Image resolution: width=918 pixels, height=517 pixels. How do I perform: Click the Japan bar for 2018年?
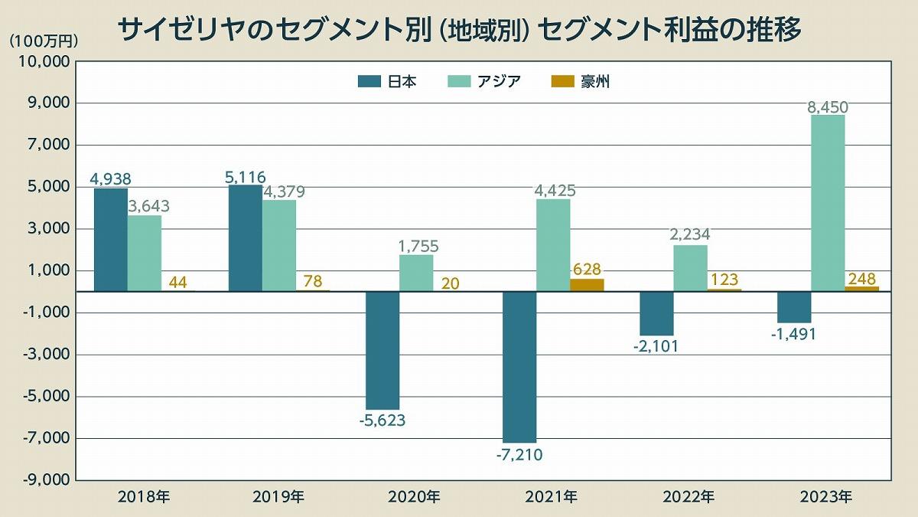[111, 240]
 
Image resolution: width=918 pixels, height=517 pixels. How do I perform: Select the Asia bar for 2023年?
[828, 203]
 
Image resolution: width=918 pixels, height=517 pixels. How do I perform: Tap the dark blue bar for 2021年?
[519, 367]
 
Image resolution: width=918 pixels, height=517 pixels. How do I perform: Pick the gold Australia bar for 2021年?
[587, 285]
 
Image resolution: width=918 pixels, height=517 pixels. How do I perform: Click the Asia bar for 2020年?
[416, 273]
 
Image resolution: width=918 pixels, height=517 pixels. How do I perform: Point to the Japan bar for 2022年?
[656, 313]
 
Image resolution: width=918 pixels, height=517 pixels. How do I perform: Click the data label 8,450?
[828, 107]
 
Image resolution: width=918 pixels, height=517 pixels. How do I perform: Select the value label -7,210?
[519, 456]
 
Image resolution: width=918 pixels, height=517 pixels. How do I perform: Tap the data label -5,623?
[382, 420]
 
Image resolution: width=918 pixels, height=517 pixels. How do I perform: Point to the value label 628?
[587, 270]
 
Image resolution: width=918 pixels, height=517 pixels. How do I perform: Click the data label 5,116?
[246, 178]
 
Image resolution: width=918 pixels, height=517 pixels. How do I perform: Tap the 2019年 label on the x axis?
[278, 497]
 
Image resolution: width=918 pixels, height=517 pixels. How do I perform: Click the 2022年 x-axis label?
[688, 497]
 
